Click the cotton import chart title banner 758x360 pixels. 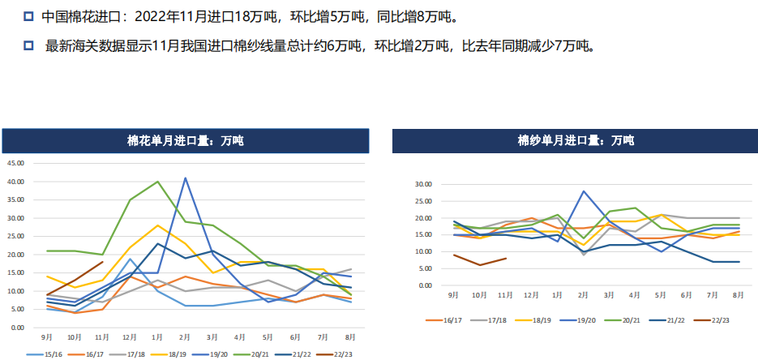(x=185, y=141)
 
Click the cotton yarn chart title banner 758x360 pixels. (x=576, y=141)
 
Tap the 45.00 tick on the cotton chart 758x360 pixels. (x=16, y=163)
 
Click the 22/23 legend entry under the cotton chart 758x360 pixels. (x=332, y=354)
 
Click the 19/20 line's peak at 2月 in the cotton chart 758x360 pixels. (x=185, y=178)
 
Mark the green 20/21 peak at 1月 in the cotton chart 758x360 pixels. (x=157, y=182)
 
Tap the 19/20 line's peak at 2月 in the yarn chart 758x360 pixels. (x=584, y=191)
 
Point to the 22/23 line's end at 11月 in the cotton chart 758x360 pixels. (x=102, y=262)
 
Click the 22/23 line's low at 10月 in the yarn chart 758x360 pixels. (x=479, y=265)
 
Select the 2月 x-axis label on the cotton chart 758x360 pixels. (x=185, y=336)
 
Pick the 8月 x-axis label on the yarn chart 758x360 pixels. (x=739, y=295)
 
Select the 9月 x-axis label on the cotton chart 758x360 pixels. (x=48, y=336)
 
